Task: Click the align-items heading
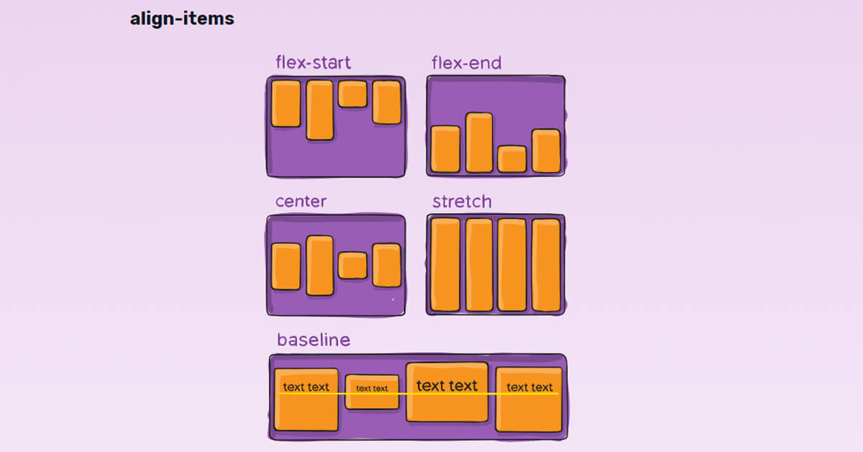coord(182,19)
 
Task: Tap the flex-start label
coord(314,63)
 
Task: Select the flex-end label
coord(466,63)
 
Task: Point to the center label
coord(301,202)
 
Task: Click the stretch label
coord(462,202)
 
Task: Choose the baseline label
coord(314,340)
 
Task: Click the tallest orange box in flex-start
coord(320,109)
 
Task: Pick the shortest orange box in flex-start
coord(352,94)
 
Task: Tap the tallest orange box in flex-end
coord(479,143)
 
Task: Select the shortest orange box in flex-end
coord(512,159)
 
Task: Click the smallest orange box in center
coord(352,266)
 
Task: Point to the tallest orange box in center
coord(320,266)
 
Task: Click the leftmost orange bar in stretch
coord(445,264)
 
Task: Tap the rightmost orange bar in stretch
coord(546,264)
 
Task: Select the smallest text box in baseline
coord(372,392)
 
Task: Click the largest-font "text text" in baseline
coord(447,386)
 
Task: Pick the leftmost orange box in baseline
coord(306,400)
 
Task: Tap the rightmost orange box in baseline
coord(529,400)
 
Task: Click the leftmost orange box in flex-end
coord(445,149)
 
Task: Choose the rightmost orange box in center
coord(386,266)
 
